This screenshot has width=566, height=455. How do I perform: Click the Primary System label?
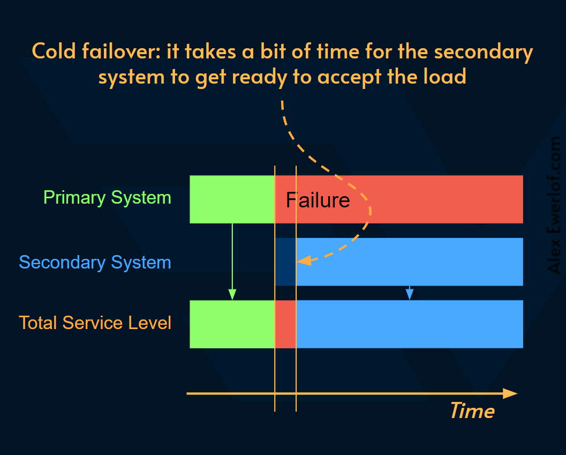107,197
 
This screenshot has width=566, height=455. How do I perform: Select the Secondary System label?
95,263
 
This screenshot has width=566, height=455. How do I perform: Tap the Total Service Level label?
95,323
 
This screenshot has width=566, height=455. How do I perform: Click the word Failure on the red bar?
318,200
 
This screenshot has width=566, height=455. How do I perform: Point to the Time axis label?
472,411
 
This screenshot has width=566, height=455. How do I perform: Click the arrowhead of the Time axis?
511,394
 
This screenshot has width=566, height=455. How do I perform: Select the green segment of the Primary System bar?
232,199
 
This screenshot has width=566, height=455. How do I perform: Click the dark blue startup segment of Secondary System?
285,262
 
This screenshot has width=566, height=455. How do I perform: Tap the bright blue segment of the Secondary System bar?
410,262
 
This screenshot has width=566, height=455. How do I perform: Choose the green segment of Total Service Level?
232,324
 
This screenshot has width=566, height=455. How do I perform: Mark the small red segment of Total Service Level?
285,324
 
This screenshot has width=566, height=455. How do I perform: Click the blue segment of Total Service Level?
410,324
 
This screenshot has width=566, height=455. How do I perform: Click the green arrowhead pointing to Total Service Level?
232,294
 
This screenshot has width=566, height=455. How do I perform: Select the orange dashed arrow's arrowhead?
303,261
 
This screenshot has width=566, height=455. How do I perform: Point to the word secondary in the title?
483,52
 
